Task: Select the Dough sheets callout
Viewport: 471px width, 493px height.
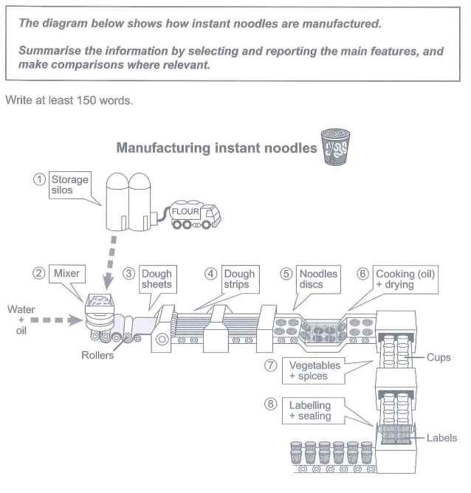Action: [x=156, y=279]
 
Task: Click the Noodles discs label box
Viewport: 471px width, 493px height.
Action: [x=318, y=279]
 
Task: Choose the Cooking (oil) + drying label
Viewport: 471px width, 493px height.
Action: [x=405, y=279]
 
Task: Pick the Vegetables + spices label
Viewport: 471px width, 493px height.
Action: [x=314, y=370]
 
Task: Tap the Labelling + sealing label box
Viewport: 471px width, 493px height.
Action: [x=309, y=411]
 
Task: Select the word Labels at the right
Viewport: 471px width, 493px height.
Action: [x=441, y=438]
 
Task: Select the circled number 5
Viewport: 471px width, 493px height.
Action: [x=286, y=273]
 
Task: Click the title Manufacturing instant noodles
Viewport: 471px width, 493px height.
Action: [x=216, y=148]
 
